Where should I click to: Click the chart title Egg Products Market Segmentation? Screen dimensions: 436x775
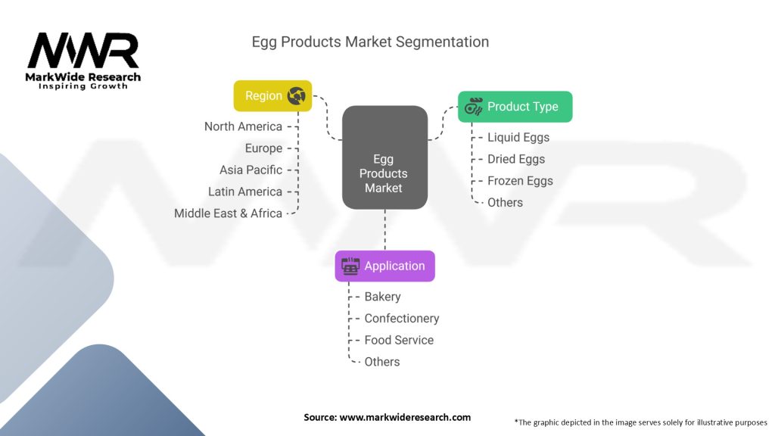click(x=370, y=42)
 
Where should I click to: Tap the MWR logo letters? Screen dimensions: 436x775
click(x=83, y=51)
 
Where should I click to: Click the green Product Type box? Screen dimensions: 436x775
click(x=515, y=107)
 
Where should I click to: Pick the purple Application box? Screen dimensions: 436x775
click(x=384, y=266)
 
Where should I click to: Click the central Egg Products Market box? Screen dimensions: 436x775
click(x=384, y=173)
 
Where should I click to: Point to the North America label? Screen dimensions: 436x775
click(x=243, y=126)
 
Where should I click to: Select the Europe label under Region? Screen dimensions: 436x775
click(x=263, y=148)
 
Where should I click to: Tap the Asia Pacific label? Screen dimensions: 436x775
click(x=251, y=170)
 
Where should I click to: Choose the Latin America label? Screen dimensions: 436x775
click(x=245, y=192)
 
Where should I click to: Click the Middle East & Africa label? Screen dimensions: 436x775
click(x=228, y=213)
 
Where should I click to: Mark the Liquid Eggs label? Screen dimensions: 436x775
click(x=518, y=137)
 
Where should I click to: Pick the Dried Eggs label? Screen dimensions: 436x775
click(x=516, y=159)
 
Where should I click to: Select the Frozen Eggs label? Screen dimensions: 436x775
click(x=520, y=181)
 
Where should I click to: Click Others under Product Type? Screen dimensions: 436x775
click(x=505, y=202)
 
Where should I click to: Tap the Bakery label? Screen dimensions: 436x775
click(x=382, y=297)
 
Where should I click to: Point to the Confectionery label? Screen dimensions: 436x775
click(x=401, y=319)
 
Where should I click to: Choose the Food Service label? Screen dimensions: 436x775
click(x=399, y=340)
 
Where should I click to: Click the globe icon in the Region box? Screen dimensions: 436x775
click(x=296, y=96)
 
